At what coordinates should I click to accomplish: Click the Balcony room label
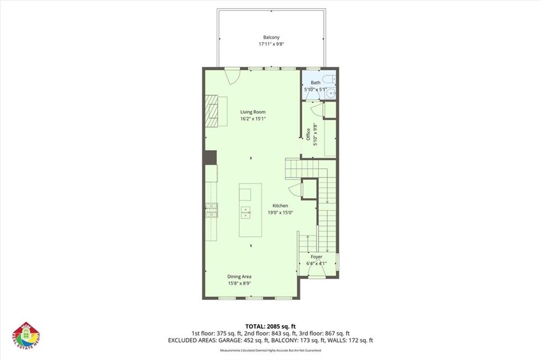(x=271, y=38)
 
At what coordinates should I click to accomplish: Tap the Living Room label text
(x=253, y=112)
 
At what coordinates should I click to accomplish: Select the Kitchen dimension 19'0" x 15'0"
(x=280, y=213)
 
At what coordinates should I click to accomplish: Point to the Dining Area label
(x=239, y=276)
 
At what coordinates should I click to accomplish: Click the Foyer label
(x=316, y=257)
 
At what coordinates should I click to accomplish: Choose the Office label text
(x=309, y=134)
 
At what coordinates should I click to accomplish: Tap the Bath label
(x=315, y=83)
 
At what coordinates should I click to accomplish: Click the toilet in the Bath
(x=330, y=79)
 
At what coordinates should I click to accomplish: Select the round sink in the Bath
(x=331, y=94)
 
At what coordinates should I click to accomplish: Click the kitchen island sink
(x=246, y=213)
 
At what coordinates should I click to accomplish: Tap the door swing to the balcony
(x=231, y=76)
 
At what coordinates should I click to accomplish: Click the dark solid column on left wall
(x=211, y=158)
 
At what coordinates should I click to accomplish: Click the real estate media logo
(x=26, y=336)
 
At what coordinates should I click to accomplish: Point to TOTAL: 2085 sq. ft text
(x=270, y=326)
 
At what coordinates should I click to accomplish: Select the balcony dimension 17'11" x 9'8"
(x=271, y=45)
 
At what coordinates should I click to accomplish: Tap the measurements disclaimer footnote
(x=270, y=350)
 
